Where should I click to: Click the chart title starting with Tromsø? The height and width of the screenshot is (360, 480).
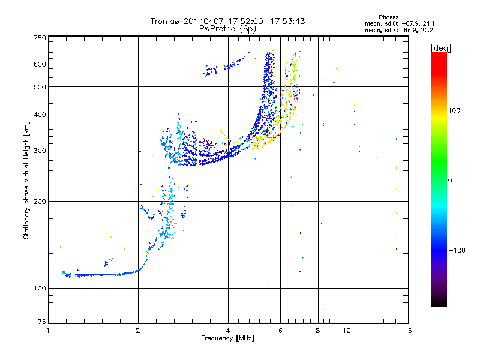click(x=227, y=21)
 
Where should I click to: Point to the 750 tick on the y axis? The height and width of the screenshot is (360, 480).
click(x=40, y=38)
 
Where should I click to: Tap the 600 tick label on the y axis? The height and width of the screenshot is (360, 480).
click(x=40, y=64)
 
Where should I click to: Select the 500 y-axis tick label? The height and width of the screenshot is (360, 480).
click(x=40, y=87)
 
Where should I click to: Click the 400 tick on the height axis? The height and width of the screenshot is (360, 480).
click(x=40, y=115)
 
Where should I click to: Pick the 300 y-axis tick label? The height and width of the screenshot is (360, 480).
click(x=40, y=151)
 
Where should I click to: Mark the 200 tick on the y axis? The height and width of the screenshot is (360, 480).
click(x=40, y=202)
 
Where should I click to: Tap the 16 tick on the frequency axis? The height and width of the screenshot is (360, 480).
click(x=407, y=331)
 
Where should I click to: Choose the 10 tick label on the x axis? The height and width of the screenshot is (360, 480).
click(x=346, y=331)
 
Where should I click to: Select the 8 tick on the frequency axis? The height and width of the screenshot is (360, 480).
click(x=317, y=331)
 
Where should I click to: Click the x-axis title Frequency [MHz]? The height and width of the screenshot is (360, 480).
click(x=227, y=339)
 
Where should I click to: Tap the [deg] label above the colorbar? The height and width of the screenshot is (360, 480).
click(x=440, y=47)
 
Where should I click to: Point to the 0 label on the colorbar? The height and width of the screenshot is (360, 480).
click(x=450, y=180)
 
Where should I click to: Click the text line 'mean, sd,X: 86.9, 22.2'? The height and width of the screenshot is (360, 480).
click(x=398, y=29)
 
